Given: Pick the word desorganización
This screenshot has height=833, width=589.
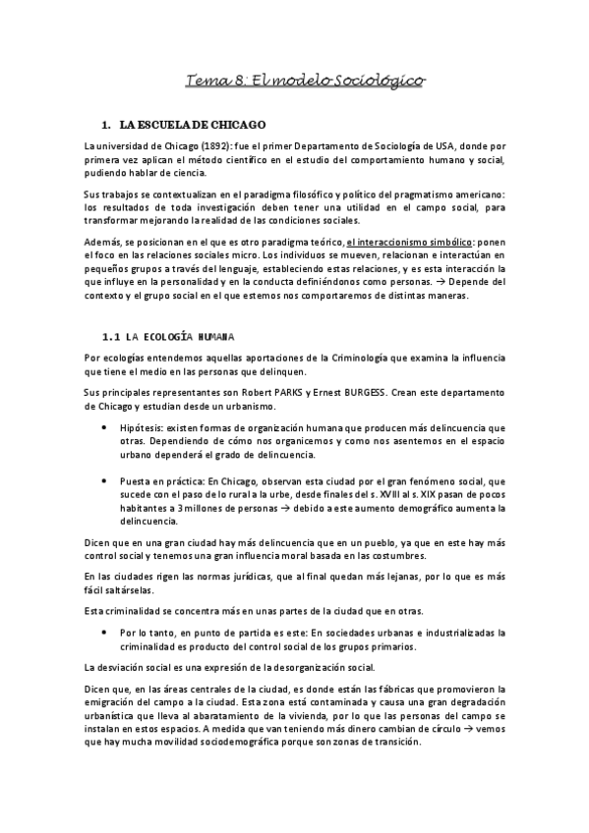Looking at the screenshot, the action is [284, 667].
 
